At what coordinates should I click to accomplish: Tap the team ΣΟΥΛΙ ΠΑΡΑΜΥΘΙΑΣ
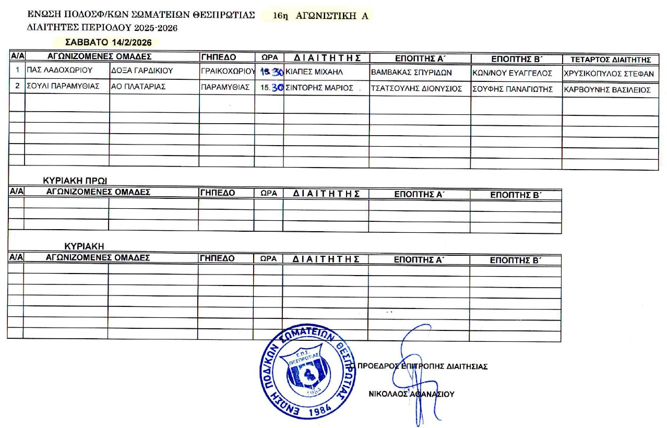63,87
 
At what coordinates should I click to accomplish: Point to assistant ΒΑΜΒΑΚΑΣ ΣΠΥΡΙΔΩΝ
411,73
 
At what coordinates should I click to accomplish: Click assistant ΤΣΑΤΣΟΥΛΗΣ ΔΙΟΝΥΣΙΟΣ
416,89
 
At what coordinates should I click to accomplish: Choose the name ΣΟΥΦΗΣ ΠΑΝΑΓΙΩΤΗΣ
513,89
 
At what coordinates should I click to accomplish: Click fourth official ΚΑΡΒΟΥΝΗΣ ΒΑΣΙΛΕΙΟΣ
608,90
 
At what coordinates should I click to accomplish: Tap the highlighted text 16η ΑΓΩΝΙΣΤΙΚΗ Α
320,16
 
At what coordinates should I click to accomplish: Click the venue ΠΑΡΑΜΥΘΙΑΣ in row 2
225,87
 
